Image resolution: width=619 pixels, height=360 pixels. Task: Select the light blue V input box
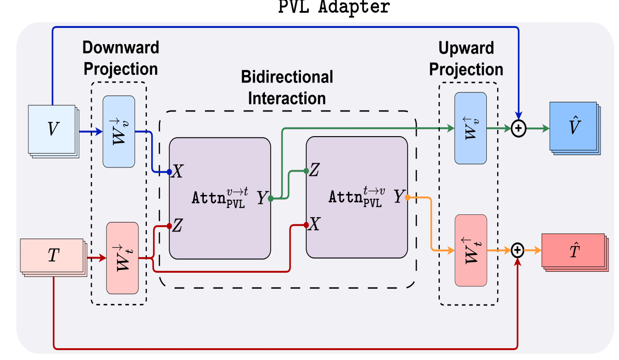pyautogui.click(x=52, y=129)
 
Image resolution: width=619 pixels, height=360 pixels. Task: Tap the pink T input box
pyautogui.click(x=53, y=256)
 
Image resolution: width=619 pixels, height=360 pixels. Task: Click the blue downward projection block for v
pyautogui.click(x=118, y=131)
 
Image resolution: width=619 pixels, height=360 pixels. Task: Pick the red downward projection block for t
pyautogui.click(x=122, y=258)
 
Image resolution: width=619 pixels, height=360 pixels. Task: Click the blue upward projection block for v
pyautogui.click(x=470, y=128)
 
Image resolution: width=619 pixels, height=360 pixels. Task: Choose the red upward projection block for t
pyautogui.click(x=470, y=250)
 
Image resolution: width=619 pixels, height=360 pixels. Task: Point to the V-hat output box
pyautogui.click(x=573, y=126)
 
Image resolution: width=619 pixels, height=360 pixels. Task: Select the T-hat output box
pyautogui.click(x=574, y=250)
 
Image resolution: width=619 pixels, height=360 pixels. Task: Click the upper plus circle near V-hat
pyautogui.click(x=519, y=128)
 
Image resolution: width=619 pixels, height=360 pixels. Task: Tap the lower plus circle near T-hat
pyautogui.click(x=519, y=249)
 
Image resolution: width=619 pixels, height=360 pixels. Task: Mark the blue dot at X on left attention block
pyautogui.click(x=169, y=172)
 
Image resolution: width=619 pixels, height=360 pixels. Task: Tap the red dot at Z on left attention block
pyautogui.click(x=169, y=226)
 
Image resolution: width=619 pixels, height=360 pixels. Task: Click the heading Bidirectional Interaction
pyautogui.click(x=287, y=87)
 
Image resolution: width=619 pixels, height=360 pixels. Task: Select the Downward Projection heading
pyautogui.click(x=121, y=58)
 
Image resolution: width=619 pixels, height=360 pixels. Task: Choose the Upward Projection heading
pyautogui.click(x=466, y=58)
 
